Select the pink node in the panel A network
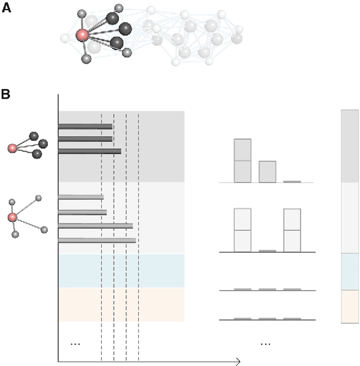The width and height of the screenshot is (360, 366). (82, 35)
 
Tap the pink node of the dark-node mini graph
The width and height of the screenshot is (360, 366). (12, 148)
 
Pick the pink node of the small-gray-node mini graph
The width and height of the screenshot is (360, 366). (12, 217)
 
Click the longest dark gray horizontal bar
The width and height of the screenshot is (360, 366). (89, 151)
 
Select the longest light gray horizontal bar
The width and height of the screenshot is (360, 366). (97, 240)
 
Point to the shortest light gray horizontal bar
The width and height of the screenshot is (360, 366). (80, 197)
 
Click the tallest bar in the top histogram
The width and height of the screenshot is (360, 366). (242, 160)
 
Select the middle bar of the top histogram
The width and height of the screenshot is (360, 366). (267, 172)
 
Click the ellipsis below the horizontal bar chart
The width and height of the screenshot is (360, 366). (75, 343)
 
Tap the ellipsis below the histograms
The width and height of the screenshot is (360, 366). (266, 343)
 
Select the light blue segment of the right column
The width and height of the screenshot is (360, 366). (350, 271)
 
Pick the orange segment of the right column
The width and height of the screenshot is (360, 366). (350, 306)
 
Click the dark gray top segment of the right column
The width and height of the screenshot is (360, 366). (350, 146)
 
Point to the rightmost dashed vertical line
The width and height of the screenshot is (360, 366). (138, 236)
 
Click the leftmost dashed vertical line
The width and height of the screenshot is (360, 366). (101, 236)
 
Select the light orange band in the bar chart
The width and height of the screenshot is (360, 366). (121, 305)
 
